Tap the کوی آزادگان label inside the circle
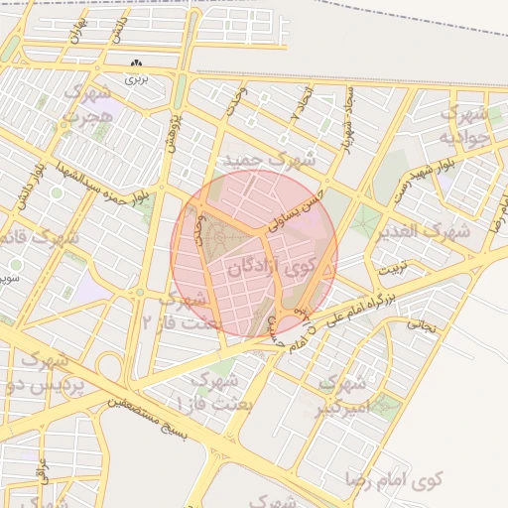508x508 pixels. (268, 266)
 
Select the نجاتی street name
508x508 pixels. (423, 323)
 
